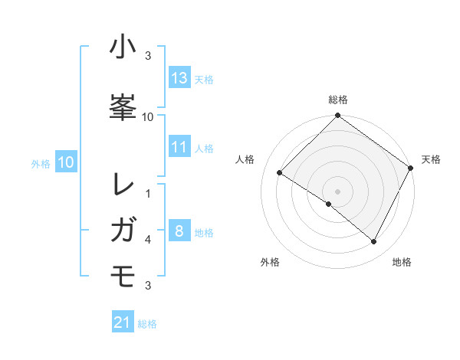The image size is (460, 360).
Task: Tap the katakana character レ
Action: point(124,185)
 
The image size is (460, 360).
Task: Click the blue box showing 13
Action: point(179,78)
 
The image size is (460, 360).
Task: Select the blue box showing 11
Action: point(179,147)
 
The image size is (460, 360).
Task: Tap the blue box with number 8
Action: point(179,232)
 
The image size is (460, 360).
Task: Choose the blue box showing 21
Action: point(123,323)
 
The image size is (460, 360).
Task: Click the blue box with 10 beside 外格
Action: point(66,162)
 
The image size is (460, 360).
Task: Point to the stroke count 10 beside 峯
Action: point(148,116)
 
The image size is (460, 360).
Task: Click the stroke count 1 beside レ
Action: point(148,194)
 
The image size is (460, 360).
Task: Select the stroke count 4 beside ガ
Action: point(148,240)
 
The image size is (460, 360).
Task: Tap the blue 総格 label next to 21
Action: point(147,324)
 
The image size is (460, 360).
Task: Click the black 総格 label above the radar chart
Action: point(337,100)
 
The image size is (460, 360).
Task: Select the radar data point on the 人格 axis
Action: point(280,173)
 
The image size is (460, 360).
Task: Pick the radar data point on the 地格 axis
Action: point(374,242)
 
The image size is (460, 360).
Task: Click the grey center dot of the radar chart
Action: point(337,191)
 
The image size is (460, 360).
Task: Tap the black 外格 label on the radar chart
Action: point(270,263)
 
